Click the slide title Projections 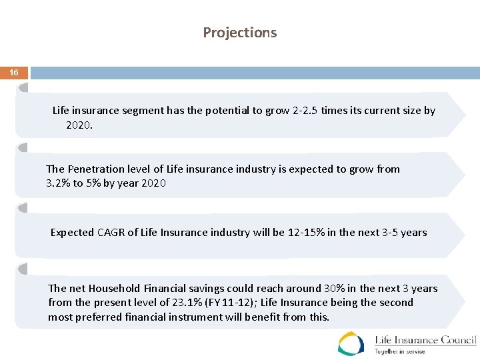(x=239, y=33)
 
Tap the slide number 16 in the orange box (x=14, y=72)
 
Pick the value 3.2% (x=58, y=183)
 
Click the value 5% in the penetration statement (x=91, y=183)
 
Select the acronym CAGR (x=111, y=233)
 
